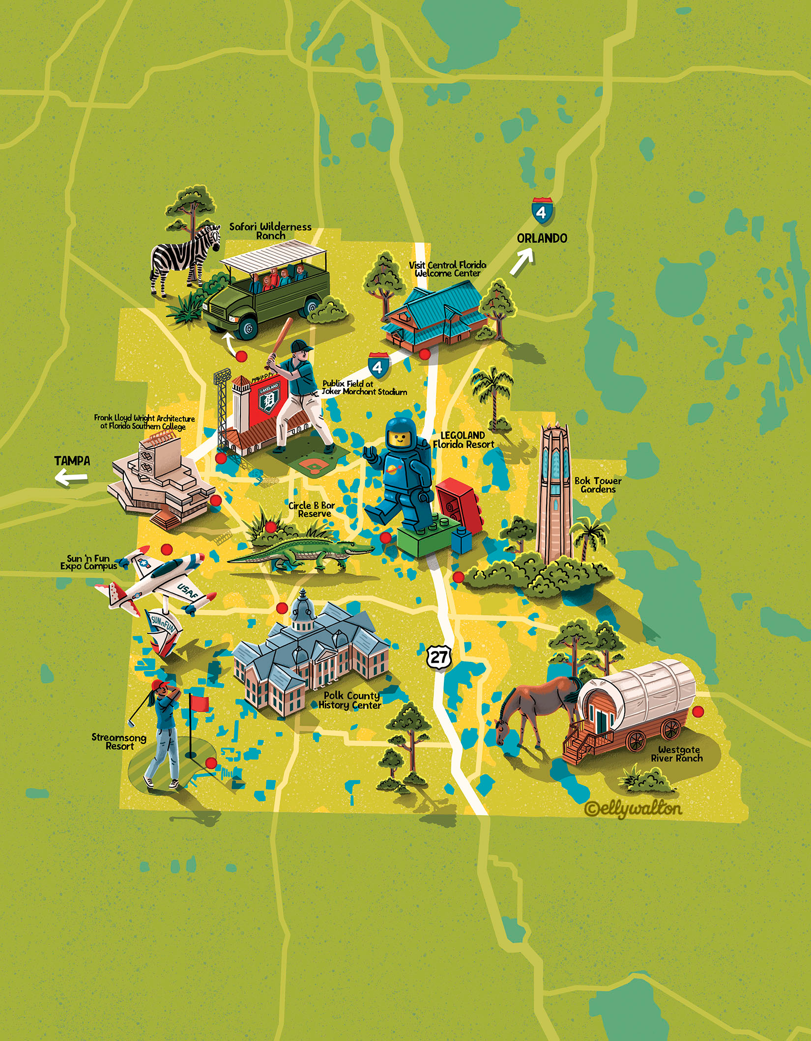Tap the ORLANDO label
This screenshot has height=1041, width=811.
(x=542, y=238)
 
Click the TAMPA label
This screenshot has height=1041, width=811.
(x=72, y=461)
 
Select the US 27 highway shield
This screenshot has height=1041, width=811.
(x=438, y=657)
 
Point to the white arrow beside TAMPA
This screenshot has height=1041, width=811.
(x=71, y=477)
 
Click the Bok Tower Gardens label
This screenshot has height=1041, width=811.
(x=598, y=485)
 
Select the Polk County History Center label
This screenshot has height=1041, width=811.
(x=350, y=700)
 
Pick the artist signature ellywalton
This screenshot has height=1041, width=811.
(x=634, y=808)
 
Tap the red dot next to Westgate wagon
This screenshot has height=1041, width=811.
(x=697, y=711)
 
